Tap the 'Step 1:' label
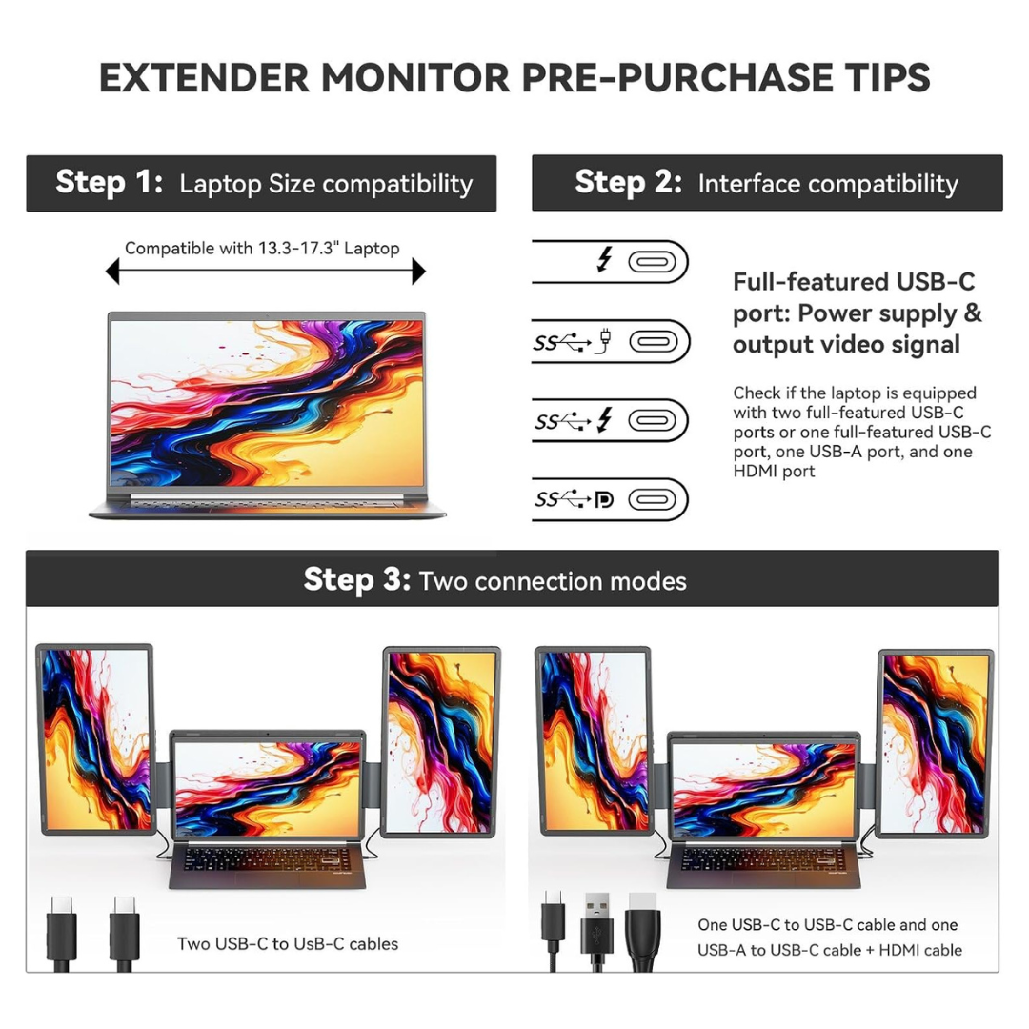click(x=110, y=183)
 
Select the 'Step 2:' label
click(x=628, y=183)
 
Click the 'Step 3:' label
click(x=356, y=579)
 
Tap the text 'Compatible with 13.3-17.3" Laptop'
click(x=262, y=249)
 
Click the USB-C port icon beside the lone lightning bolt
click(x=657, y=261)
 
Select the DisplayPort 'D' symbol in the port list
click(x=603, y=500)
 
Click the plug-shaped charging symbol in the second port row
click(x=603, y=341)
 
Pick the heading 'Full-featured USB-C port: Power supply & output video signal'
click(x=857, y=313)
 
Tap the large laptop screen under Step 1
click(x=266, y=402)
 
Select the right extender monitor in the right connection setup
click(x=934, y=743)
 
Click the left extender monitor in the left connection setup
click(x=95, y=738)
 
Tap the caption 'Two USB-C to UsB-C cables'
click(x=288, y=944)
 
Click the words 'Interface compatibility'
click(x=828, y=184)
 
